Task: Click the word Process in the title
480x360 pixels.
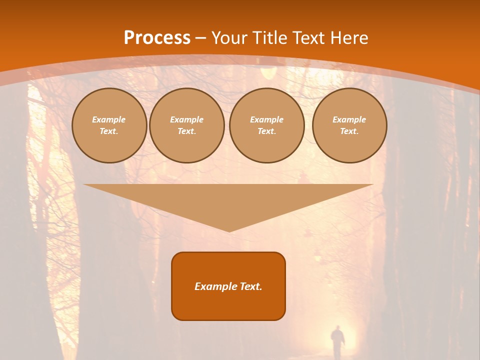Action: (x=157, y=38)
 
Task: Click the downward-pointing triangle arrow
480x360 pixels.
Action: (x=228, y=202)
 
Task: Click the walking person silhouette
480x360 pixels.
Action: (x=338, y=341)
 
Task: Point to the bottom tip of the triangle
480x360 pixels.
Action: (x=228, y=231)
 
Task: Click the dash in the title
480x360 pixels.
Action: (x=200, y=38)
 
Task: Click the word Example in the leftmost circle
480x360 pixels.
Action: (x=109, y=119)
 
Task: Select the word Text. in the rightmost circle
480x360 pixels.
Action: (x=349, y=131)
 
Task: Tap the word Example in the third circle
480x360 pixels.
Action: (x=266, y=119)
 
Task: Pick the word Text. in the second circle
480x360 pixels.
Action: (x=186, y=131)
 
